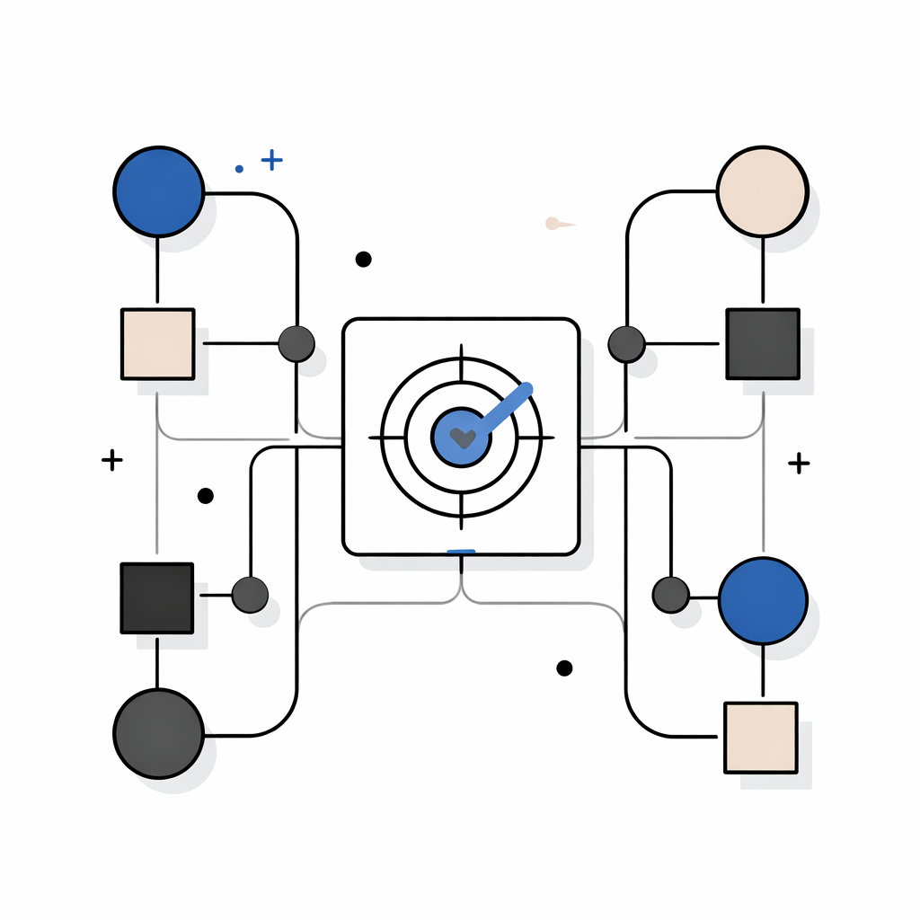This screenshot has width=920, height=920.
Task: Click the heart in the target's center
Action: point(462,438)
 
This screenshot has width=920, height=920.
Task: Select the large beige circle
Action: point(763,191)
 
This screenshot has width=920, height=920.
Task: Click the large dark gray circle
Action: point(158,733)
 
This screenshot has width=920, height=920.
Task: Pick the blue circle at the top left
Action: point(158,191)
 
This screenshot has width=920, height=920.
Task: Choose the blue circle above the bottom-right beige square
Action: point(763,600)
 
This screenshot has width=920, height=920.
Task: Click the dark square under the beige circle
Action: point(762,343)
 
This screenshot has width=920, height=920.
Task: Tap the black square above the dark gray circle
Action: point(157,598)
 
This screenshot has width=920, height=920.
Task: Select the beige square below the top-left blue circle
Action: point(157,343)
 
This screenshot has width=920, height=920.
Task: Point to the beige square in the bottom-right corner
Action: point(760,737)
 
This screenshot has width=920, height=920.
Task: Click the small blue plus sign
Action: point(271,160)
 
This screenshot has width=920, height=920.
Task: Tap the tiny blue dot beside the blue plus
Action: point(239,168)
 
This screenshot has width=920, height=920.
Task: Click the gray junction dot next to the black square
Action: point(250,595)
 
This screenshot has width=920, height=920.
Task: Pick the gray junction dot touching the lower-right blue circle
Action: point(670,595)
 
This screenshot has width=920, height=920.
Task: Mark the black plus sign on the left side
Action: point(111,461)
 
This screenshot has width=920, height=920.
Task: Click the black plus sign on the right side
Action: point(798,463)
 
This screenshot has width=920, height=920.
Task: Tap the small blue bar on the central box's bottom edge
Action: point(461,551)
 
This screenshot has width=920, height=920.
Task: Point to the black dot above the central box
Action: point(363,259)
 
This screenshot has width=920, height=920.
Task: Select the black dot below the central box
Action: point(564,668)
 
